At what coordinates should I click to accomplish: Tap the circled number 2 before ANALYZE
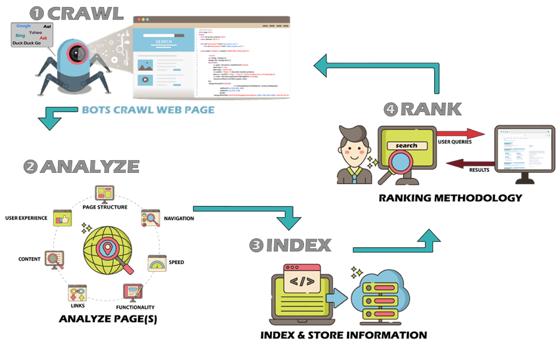click(x=31, y=167)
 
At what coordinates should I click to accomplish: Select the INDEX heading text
click(x=298, y=245)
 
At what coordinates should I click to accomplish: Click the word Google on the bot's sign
click(x=24, y=26)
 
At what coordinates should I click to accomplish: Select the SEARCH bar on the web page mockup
click(x=163, y=42)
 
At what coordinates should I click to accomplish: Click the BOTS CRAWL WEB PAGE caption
click(x=148, y=110)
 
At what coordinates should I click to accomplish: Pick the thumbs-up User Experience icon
click(x=61, y=219)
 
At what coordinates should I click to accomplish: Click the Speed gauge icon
click(x=157, y=263)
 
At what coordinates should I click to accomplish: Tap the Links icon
click(x=78, y=293)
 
